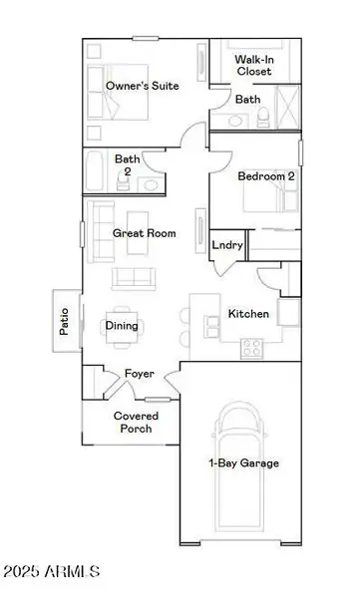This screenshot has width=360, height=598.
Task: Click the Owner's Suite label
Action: [x=143, y=87]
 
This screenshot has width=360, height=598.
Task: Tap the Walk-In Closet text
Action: [x=255, y=66]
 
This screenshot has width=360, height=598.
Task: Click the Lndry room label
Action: [x=226, y=245]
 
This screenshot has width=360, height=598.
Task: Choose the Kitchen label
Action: [x=248, y=314]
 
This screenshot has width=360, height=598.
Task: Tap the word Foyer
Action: [x=138, y=375]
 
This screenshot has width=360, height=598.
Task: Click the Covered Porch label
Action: [x=133, y=422]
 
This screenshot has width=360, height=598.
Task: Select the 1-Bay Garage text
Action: [x=243, y=462]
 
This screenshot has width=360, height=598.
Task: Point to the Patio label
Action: [x=65, y=320]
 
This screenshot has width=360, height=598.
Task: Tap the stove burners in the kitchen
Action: [x=252, y=348]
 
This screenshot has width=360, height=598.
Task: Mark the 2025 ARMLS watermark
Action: [x=51, y=571]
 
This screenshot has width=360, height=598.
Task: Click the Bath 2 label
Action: [x=127, y=164]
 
